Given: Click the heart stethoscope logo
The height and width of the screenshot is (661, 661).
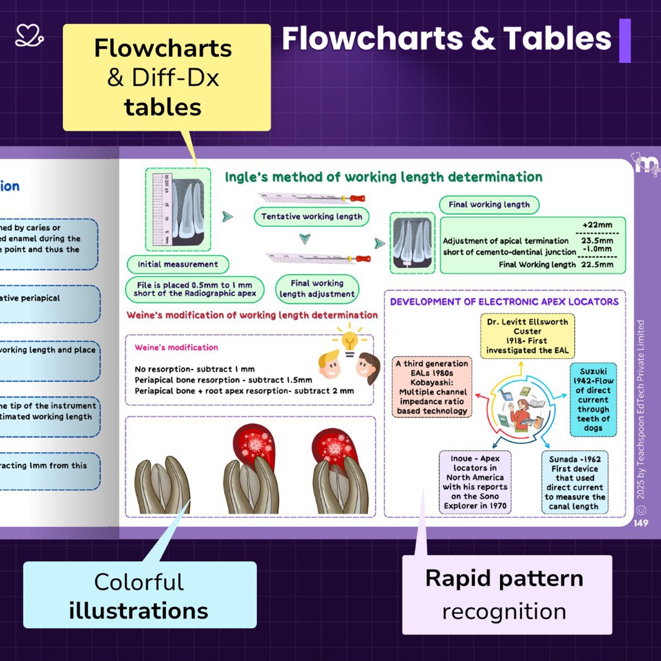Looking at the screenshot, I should point(29,35).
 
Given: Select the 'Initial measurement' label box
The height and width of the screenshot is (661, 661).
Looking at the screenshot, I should point(177,264).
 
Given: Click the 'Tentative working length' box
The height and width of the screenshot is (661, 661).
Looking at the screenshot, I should point(311,216).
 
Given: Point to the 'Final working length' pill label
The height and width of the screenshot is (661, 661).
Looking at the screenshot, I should point(489,204).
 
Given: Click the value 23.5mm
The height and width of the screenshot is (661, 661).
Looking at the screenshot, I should point(597,241).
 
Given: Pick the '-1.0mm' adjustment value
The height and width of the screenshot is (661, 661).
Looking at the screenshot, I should point(597,249).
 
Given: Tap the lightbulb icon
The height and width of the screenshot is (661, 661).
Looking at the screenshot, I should point(349,342).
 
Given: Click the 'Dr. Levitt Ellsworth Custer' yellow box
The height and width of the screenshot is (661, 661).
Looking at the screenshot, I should point(527,336).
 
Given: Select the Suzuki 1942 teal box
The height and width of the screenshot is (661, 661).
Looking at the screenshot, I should point(593,399).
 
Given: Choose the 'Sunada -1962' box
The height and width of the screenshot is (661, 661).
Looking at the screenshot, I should point(575,483).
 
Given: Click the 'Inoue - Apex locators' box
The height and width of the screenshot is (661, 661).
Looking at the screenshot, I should point(475,482).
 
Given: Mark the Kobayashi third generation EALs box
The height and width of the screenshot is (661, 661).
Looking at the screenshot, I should point(432,387).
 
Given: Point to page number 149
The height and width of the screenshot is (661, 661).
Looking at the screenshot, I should point(641,523).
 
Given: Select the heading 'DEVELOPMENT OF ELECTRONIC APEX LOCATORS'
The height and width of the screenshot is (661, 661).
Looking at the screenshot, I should point(504,302).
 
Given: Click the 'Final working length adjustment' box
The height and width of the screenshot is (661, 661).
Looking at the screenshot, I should point(317,289).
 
